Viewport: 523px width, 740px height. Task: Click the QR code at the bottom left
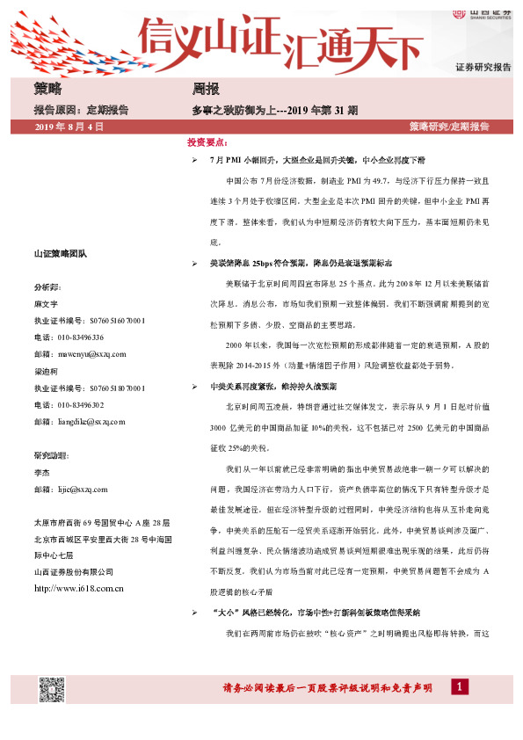pos(52,690)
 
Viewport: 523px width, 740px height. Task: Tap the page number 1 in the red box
pos(459,686)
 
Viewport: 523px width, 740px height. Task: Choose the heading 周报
pos(206,90)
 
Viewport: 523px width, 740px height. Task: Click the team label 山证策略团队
pos(61,254)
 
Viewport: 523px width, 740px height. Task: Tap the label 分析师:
pos(48,287)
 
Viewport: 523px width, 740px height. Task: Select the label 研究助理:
pos(51,455)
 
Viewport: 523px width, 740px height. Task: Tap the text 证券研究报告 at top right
pos(483,67)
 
